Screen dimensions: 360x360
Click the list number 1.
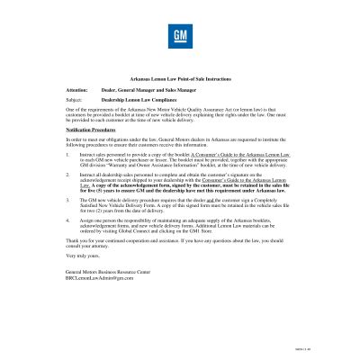68,155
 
